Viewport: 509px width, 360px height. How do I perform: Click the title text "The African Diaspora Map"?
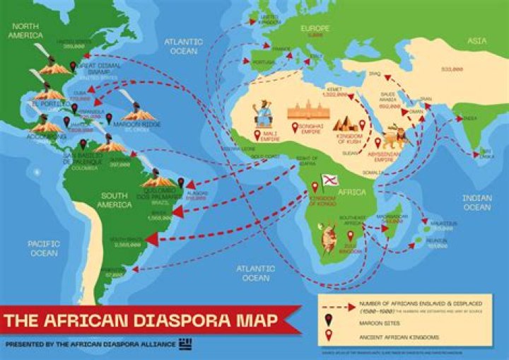(x=141, y=320)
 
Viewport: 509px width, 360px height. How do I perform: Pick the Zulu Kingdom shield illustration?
(x=328, y=237)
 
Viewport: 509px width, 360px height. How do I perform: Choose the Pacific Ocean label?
(x=43, y=248)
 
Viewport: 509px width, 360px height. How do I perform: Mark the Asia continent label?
(x=477, y=41)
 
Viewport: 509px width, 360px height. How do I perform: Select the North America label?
(x=26, y=31)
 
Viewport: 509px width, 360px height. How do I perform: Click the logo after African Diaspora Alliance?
(x=186, y=343)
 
